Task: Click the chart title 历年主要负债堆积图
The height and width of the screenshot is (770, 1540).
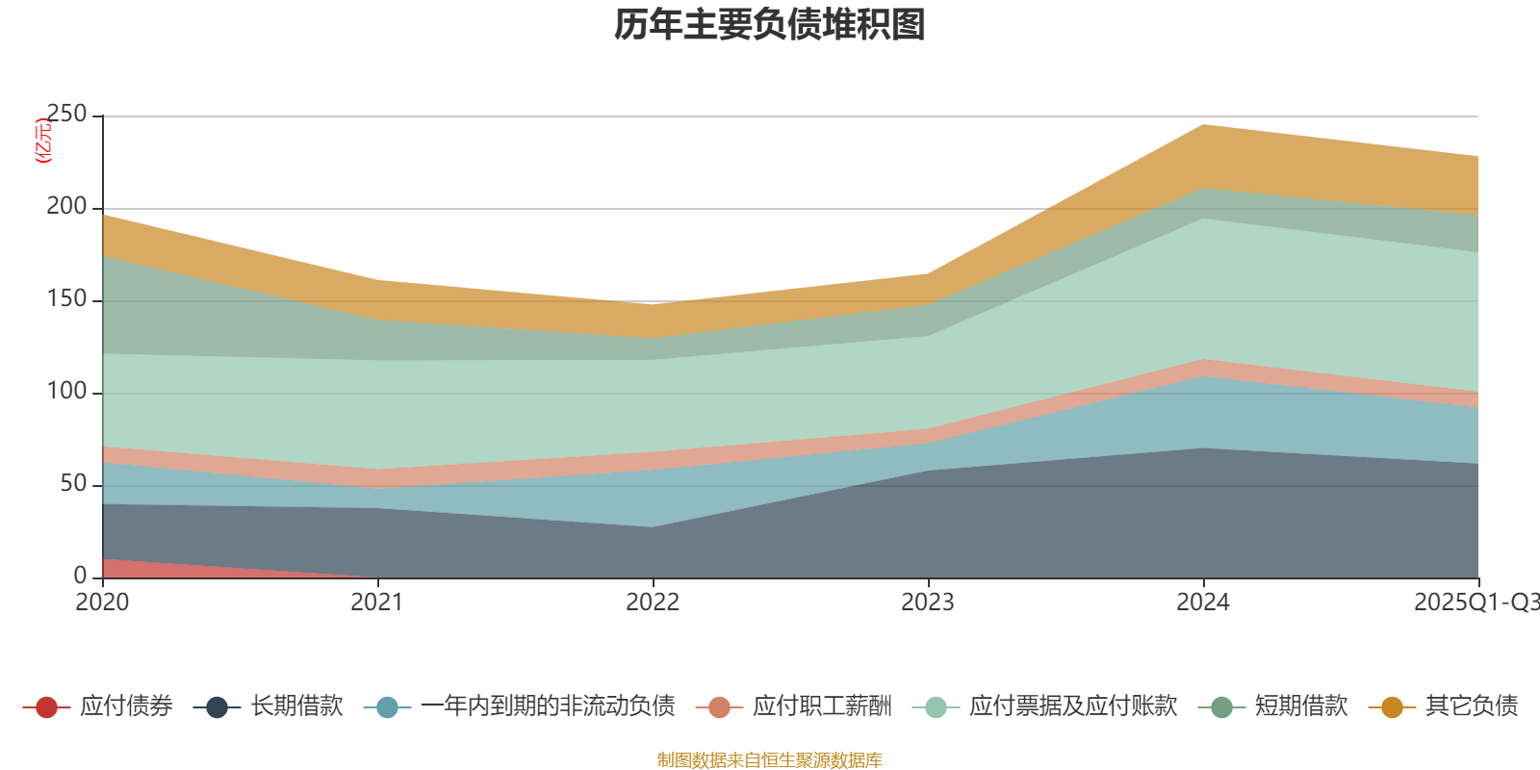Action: coord(770,25)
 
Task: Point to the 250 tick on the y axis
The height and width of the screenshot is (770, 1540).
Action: coord(66,115)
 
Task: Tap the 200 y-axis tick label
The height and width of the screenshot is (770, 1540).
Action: coord(66,207)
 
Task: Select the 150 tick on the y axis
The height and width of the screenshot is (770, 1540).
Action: coord(66,299)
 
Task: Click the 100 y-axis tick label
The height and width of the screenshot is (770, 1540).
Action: coord(66,392)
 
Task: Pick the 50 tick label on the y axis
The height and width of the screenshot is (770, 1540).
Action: coord(73,484)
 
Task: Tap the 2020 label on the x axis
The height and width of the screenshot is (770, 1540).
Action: coord(102,603)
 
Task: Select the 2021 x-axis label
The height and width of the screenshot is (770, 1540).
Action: coord(377,603)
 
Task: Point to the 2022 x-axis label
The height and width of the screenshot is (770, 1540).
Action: coord(653,603)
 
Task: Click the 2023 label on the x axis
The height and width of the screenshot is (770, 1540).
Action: coord(928,603)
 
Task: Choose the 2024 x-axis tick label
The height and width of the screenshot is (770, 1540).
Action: coord(1203,603)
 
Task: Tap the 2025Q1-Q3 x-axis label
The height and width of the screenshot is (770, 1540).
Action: coord(1476,603)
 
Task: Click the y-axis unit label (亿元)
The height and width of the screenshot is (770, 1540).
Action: coord(43,141)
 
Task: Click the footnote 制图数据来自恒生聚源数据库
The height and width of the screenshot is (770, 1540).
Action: coord(770,760)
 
